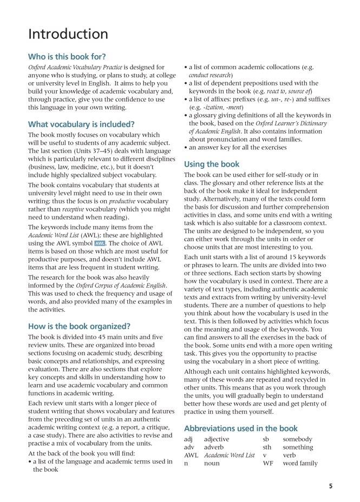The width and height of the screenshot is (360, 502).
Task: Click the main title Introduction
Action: [x=68, y=35]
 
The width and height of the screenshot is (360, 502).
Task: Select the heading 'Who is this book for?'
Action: [x=67, y=56]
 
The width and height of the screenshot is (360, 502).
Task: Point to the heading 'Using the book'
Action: [x=212, y=164]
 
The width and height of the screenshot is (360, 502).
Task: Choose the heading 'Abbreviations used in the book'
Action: [x=241, y=428]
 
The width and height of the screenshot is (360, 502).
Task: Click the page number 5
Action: [x=330, y=486]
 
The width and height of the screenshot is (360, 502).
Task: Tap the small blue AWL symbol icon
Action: [x=99, y=243]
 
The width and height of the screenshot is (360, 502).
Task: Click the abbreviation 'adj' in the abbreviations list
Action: [x=189, y=439]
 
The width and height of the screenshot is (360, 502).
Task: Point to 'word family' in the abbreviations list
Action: [x=300, y=463]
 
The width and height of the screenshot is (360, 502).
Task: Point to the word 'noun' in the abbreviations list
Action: [x=212, y=463]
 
